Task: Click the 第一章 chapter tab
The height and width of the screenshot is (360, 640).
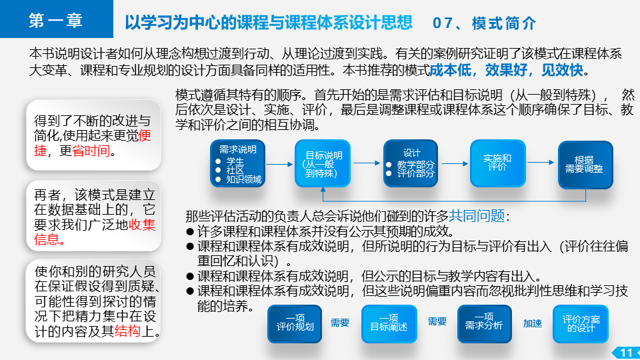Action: click(x=56, y=19)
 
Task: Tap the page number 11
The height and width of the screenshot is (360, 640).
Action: click(x=626, y=353)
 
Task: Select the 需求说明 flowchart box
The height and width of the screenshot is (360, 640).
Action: click(x=238, y=163)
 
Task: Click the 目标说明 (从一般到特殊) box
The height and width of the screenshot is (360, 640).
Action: click(x=323, y=163)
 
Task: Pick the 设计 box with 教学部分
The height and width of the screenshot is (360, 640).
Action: click(x=411, y=163)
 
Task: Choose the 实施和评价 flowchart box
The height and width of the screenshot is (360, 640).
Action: click(x=498, y=163)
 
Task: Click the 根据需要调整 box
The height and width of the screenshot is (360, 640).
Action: click(x=585, y=165)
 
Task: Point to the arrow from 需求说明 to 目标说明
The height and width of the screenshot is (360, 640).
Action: click(x=280, y=164)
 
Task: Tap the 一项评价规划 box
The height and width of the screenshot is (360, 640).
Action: click(x=295, y=324)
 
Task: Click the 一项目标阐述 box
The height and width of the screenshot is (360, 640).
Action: click(x=389, y=324)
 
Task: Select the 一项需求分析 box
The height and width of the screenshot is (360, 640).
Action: click(x=485, y=324)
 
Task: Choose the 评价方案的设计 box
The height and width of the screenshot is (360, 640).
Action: click(x=581, y=324)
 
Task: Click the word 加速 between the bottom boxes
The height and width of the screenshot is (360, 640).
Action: click(x=533, y=324)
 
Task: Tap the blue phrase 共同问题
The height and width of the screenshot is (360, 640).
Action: click(x=477, y=215)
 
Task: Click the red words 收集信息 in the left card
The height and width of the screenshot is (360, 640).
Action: click(x=95, y=232)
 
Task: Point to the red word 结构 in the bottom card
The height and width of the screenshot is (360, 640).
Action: click(x=128, y=331)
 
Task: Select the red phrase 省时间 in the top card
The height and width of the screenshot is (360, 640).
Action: click(x=91, y=151)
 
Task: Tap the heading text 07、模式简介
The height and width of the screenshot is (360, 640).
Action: click(x=484, y=23)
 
